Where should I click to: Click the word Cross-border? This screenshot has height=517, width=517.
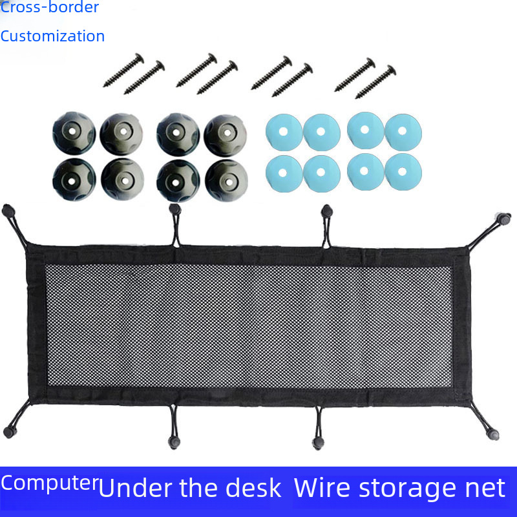[50, 8]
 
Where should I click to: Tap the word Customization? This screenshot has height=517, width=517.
[52, 36]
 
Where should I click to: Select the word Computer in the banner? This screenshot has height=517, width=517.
[49, 483]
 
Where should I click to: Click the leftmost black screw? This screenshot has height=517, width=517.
[123, 71]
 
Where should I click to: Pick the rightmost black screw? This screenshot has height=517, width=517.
[375, 82]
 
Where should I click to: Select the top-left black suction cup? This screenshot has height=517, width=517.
[74, 129]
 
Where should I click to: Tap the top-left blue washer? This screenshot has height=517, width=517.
[284, 131]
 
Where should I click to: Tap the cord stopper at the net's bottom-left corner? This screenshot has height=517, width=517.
[8, 432]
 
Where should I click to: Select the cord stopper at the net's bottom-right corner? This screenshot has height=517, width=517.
[494, 434]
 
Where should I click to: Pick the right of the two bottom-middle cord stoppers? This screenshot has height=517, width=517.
[317, 443]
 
